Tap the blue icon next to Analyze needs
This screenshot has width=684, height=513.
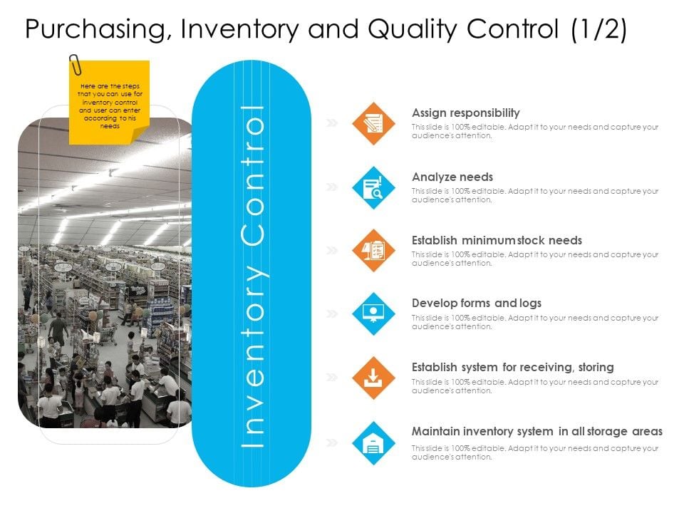373,187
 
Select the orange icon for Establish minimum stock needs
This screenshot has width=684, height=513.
373,251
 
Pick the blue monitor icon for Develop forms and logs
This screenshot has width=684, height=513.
373,313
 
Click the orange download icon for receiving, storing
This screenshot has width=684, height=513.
373,378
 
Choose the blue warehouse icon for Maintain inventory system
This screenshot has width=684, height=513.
373,442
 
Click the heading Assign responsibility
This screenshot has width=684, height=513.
466,113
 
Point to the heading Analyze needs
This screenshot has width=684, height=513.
452,177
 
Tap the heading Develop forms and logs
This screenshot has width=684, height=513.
477,303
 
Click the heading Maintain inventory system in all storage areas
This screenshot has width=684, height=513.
537,431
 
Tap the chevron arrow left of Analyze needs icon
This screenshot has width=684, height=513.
332,187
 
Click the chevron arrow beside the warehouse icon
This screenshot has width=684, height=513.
332,442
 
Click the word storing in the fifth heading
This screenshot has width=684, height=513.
595,367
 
